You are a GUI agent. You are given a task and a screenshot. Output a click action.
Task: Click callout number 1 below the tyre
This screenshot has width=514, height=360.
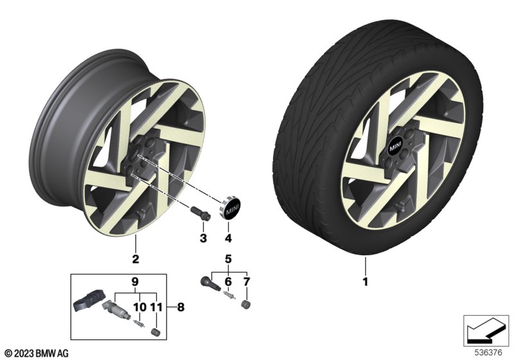(365, 282)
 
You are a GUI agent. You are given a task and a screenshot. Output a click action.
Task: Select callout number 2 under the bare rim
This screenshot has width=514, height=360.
(136, 259)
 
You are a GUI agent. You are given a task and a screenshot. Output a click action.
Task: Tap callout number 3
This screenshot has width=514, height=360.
(203, 238)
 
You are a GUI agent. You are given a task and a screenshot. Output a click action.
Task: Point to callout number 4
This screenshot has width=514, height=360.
(228, 238)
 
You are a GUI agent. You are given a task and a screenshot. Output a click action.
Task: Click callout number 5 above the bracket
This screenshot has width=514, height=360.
(228, 259)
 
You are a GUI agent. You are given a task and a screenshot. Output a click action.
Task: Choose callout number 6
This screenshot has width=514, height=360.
(228, 282)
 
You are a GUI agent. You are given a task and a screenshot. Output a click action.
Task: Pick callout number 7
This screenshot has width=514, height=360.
(247, 282)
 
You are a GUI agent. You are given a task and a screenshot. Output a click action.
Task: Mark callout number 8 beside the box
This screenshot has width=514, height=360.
(181, 307)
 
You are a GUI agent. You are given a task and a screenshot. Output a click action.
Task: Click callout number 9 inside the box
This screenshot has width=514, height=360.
(135, 282)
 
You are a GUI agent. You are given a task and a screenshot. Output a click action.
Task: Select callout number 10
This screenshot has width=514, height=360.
(139, 307)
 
